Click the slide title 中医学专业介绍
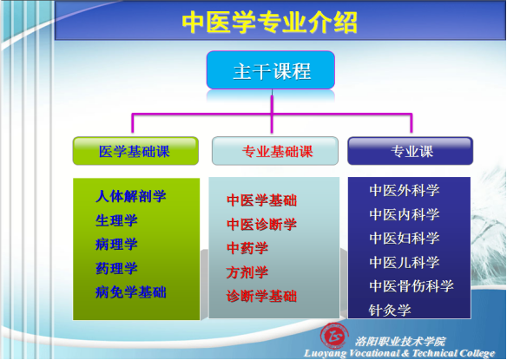pyautogui.click(x=269, y=23)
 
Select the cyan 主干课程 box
pyautogui.click(x=271, y=69)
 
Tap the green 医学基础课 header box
pyautogui.click(x=135, y=151)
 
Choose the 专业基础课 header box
pyautogui.click(x=275, y=151)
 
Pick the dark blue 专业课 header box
pyautogui.click(x=411, y=151)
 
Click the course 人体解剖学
pyautogui.click(x=130, y=196)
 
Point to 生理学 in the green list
pyautogui.click(x=116, y=220)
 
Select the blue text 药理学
pyautogui.click(x=116, y=268)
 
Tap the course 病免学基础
pyautogui.click(x=130, y=292)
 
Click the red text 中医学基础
pyautogui.click(x=261, y=200)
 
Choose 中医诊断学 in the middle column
pyautogui.click(x=261, y=224)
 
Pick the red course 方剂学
pyautogui.click(x=247, y=272)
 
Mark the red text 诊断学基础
pyautogui.click(x=261, y=296)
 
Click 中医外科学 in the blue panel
pyautogui.click(x=405, y=190)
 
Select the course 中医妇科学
pyautogui.click(x=405, y=239)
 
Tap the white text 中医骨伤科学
pyautogui.click(x=412, y=286)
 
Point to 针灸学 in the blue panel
pyautogui.click(x=390, y=311)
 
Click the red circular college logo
pyautogui.click(x=334, y=336)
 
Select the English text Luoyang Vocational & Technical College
pyautogui.click(x=399, y=353)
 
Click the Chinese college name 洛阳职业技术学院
pyautogui.click(x=400, y=341)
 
